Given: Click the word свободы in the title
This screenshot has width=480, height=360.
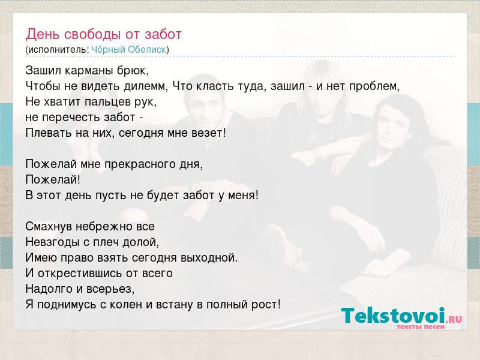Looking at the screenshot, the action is (x=93, y=34).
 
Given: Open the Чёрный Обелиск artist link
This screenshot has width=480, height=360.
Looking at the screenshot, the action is (x=129, y=50).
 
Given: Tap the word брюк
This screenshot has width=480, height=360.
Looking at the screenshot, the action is (x=133, y=71).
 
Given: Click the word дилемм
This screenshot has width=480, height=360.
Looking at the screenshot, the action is (x=146, y=86).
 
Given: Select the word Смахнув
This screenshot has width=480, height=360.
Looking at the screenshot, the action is (x=49, y=227).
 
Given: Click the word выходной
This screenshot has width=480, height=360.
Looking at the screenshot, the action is (x=209, y=258).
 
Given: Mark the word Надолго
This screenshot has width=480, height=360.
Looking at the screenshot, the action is (x=47, y=289).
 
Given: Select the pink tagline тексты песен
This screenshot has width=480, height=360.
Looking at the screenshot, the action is (x=421, y=327).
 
